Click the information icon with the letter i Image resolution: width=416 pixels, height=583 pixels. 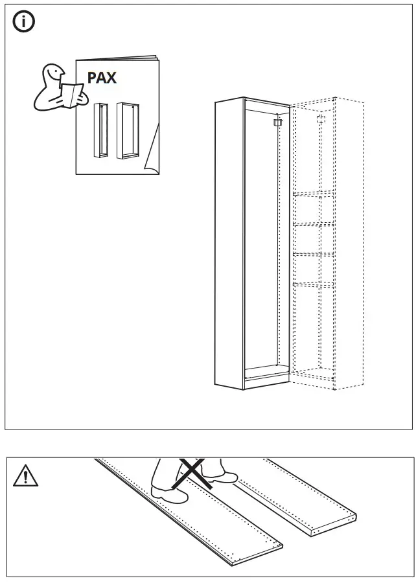point(24,23)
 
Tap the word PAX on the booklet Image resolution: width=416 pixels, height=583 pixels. point(102,78)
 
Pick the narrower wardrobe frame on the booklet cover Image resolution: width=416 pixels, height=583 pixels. point(100,130)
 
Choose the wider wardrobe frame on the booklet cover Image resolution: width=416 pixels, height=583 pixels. point(128,130)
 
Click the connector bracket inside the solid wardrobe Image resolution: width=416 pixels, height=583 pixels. point(279,121)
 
